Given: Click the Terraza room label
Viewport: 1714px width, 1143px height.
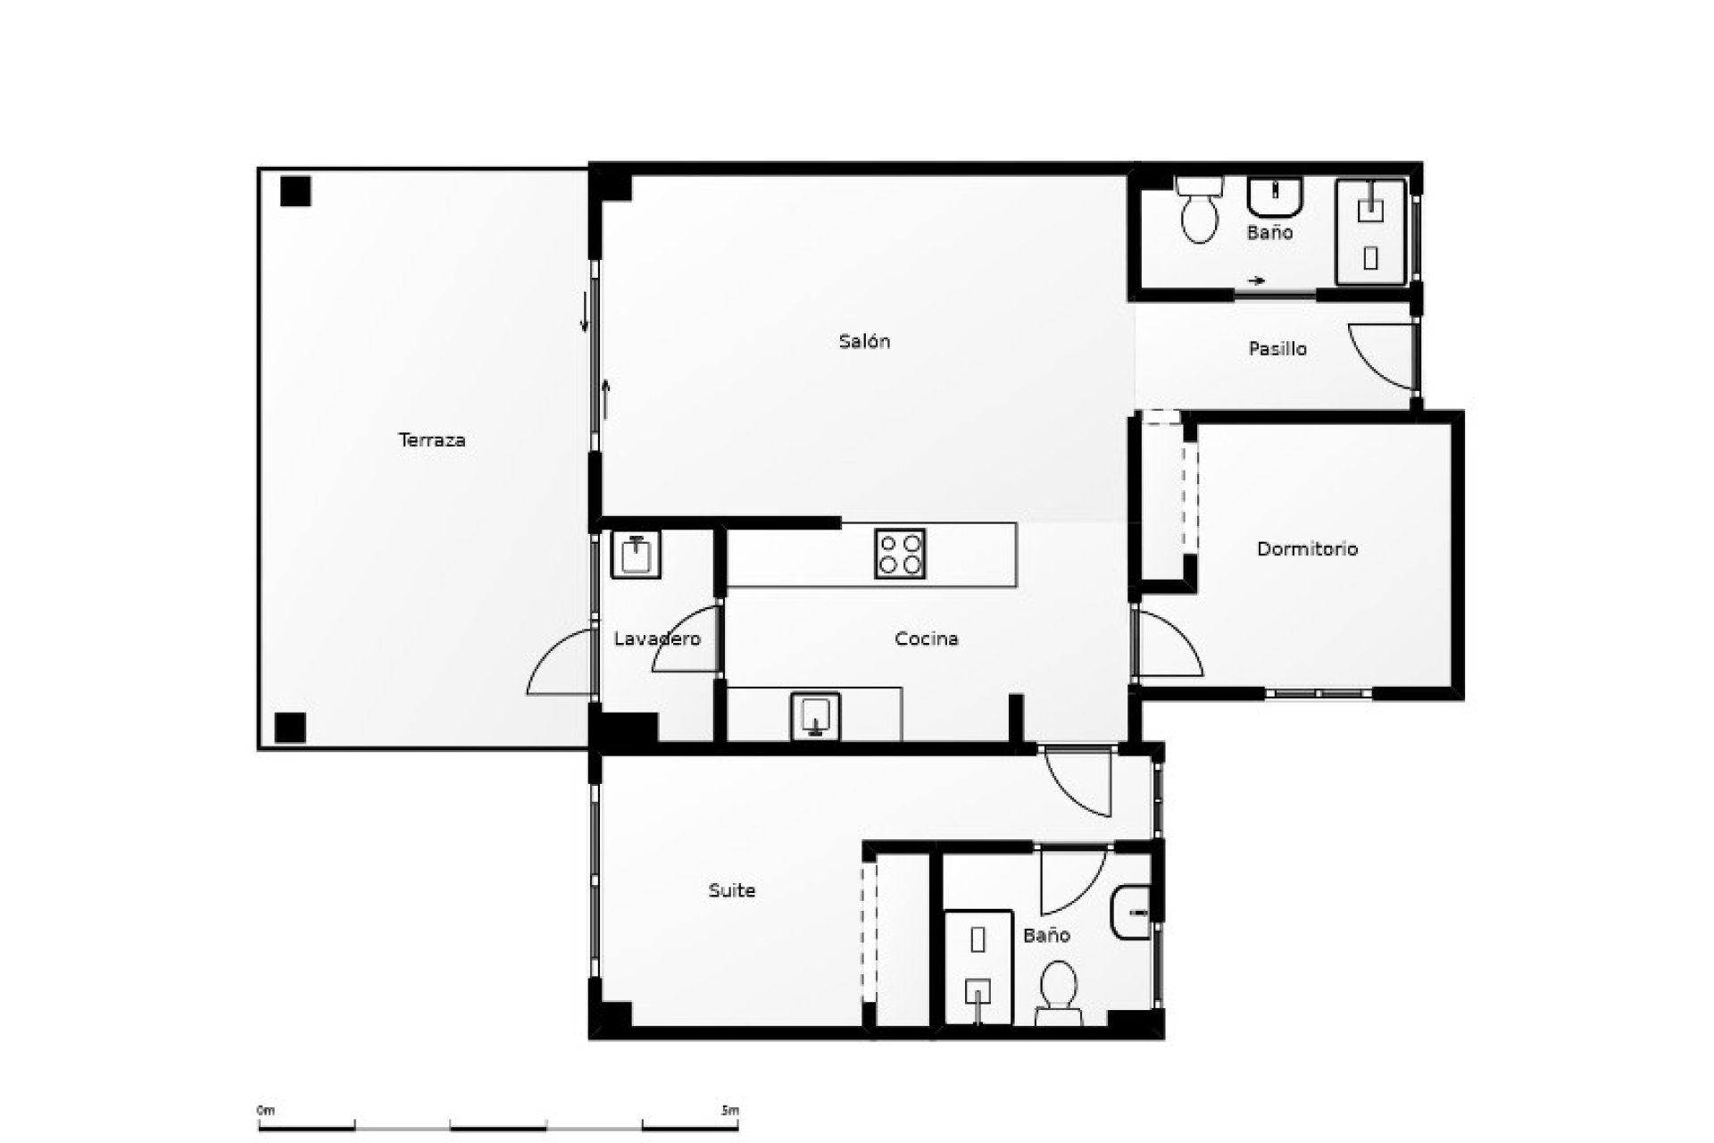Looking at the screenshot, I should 432,440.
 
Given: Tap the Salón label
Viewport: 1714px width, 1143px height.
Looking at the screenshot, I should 864,341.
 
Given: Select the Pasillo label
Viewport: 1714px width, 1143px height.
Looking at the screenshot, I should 1277,349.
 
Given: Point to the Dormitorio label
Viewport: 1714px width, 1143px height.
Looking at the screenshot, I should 1307,549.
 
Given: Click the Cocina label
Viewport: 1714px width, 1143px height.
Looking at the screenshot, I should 927,639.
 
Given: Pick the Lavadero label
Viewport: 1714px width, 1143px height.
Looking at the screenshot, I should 657,639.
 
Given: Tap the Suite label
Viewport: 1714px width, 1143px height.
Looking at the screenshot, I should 732,890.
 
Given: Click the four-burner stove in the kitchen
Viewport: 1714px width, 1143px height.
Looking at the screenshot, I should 901,554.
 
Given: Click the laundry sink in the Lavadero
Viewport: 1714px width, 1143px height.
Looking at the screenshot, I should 636,555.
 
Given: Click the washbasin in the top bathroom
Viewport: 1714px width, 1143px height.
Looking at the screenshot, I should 1276,197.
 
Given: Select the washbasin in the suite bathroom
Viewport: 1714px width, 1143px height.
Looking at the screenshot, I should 1132,914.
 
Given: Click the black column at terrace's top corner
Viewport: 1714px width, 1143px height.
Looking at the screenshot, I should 295,191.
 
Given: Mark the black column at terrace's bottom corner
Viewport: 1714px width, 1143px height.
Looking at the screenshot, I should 290,728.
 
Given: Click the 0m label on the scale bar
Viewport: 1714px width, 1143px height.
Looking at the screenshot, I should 266,1111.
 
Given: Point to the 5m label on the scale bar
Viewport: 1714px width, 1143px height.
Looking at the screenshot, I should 730,1111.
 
